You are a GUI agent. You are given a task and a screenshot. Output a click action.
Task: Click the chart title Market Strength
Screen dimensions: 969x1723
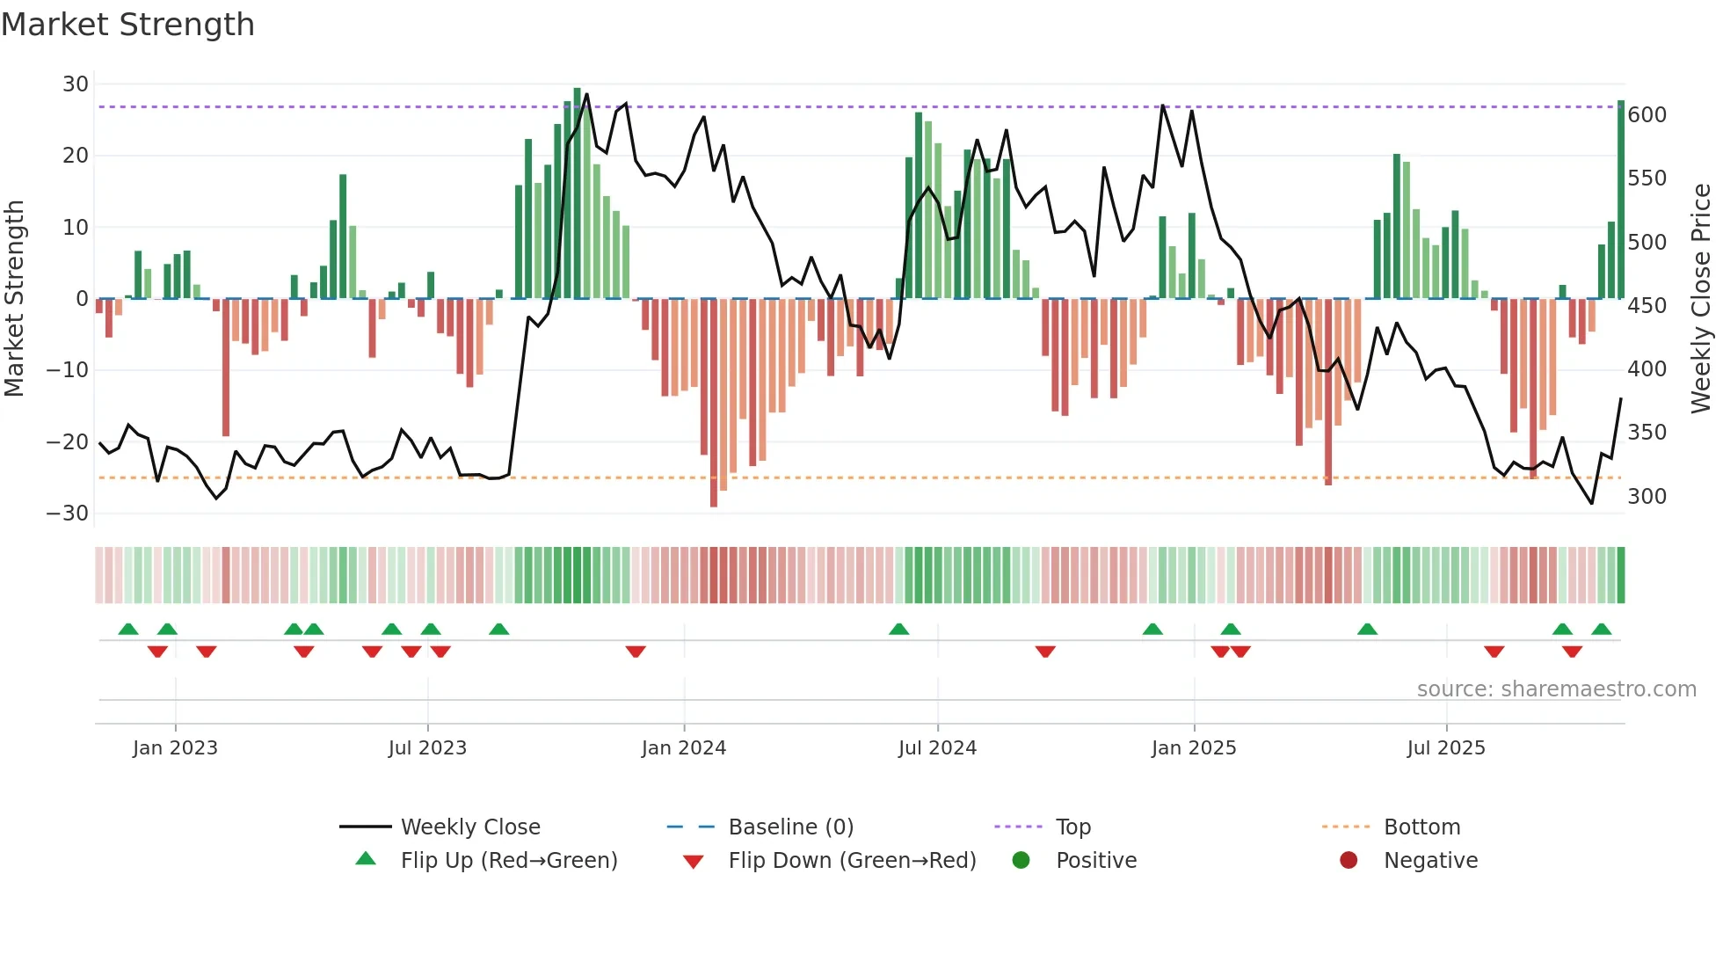127,25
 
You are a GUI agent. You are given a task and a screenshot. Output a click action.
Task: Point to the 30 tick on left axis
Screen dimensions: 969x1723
76,84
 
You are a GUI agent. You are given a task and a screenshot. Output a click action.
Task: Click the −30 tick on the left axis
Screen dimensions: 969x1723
68,514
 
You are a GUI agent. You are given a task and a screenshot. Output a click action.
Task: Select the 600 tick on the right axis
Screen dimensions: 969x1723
1647,115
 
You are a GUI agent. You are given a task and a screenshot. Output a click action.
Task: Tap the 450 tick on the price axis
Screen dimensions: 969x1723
1647,306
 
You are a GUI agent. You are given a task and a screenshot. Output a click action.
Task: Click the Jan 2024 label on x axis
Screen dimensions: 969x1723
683,748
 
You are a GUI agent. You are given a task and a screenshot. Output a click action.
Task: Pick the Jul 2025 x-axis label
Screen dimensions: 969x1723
1445,748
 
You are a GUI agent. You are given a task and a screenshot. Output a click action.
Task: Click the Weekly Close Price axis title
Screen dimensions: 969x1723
1701,299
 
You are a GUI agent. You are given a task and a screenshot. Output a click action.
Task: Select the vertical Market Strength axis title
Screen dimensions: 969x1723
14,299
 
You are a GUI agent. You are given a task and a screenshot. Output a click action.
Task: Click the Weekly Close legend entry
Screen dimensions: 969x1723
469,827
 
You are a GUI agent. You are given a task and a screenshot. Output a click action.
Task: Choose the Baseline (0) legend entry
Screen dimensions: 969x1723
790,827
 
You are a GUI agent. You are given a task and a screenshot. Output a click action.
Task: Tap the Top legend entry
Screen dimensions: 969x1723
1072,827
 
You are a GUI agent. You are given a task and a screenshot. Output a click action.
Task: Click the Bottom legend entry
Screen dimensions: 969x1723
1421,827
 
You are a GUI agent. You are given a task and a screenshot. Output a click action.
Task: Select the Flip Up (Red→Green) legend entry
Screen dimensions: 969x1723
508,861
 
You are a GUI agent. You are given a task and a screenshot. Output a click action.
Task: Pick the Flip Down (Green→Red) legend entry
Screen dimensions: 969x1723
851,861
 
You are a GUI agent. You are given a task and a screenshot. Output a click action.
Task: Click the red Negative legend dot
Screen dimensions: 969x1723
1348,860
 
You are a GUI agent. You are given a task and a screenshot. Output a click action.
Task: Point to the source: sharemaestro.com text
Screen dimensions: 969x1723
1556,689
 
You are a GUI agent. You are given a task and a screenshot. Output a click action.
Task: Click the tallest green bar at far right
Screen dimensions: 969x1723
1621,200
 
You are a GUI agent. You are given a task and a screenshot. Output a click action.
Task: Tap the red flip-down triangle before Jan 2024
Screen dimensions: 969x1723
636,652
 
